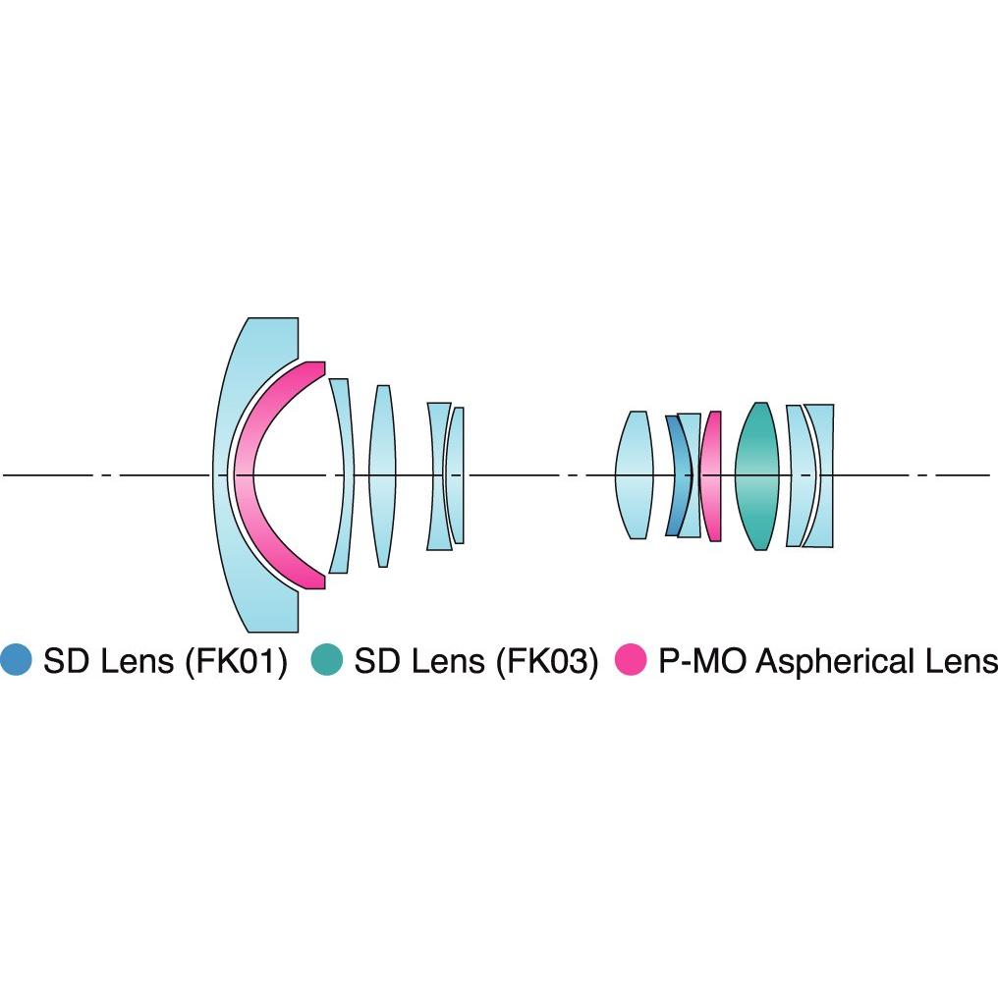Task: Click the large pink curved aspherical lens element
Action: pyautogui.click(x=245, y=474)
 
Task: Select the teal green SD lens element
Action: pyautogui.click(x=756, y=475)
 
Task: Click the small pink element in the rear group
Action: pyautogui.click(x=711, y=475)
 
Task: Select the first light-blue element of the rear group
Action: pyautogui.click(x=635, y=475)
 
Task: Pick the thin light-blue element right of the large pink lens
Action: pyautogui.click(x=345, y=475)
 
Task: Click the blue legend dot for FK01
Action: pyautogui.click(x=16, y=659)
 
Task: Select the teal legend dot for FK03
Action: pyautogui.click(x=327, y=659)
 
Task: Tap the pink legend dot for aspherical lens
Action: pyautogui.click(x=631, y=659)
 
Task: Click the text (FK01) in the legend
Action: pyautogui.click(x=236, y=661)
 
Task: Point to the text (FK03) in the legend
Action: pyautogui.click(x=547, y=661)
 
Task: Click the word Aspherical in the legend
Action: pyautogui.click(x=835, y=662)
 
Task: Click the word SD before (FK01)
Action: pyautogui.click(x=66, y=660)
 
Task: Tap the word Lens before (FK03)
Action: pyautogui.click(x=449, y=660)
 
